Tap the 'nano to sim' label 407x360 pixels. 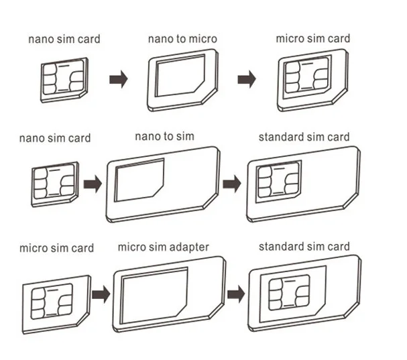pyautogui.click(x=164, y=137)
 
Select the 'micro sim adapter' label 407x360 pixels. pyautogui.click(x=164, y=247)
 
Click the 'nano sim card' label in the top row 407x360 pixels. pyautogui.click(x=64, y=38)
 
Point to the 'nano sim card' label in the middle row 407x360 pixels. pyautogui.click(x=55, y=138)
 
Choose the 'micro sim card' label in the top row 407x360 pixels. pyautogui.click(x=312, y=38)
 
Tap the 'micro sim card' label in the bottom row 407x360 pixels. pyautogui.click(x=56, y=248)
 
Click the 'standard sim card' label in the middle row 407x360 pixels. pyautogui.click(x=304, y=137)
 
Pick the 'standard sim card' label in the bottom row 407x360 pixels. pyautogui.click(x=304, y=247)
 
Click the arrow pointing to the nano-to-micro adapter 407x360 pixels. pyautogui.click(x=119, y=80)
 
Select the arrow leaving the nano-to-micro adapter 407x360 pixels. pyautogui.click(x=246, y=79)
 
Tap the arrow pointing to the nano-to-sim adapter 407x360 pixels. pyautogui.click(x=92, y=183)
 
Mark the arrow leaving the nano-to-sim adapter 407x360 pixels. pyautogui.click(x=232, y=183)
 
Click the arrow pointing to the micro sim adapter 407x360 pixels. pyautogui.click(x=101, y=294)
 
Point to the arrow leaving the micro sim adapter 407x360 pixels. pyautogui.click(x=235, y=294)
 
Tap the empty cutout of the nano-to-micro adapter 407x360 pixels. pyautogui.click(x=180, y=76)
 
